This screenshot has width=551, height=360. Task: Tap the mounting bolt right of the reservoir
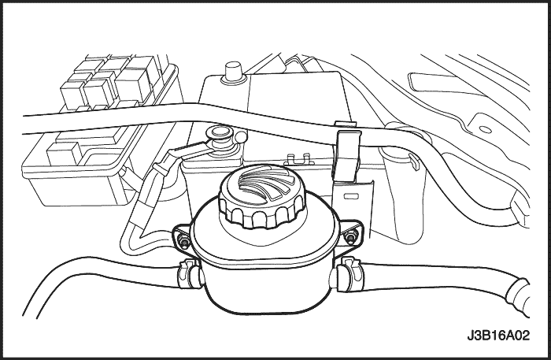coord(349,237)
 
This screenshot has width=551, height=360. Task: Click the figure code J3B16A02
coord(498,335)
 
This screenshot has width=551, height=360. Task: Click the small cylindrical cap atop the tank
coord(232,72)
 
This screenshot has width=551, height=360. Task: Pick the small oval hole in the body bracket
coord(486,130)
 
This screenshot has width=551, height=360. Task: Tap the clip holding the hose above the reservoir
coord(347,154)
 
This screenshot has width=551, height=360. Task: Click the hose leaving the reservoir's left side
coord(105,274)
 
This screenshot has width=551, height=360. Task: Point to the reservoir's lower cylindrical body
coord(267,288)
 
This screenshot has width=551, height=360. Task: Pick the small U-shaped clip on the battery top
coord(299,159)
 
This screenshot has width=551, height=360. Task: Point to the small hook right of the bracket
coord(414,161)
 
